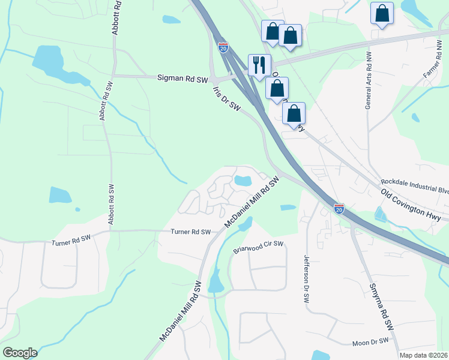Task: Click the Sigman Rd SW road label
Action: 182,79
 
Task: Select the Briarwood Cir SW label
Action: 258,248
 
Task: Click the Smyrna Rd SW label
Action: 381,307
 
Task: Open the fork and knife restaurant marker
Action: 260,65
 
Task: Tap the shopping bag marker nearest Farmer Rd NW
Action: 382,13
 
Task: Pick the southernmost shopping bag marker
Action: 294,113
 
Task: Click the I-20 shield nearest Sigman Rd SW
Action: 223,47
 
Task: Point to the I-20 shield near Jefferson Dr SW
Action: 339,209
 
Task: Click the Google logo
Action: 20,353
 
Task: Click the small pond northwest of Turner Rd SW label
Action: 60,194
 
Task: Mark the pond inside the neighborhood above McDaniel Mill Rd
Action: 243,180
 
